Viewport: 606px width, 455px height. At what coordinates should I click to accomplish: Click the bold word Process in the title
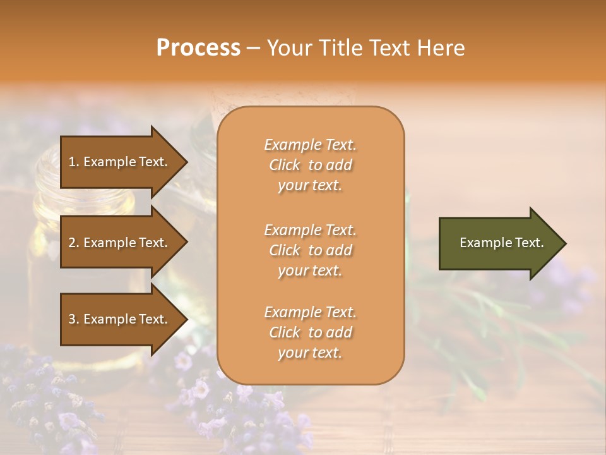pyautogui.click(x=198, y=48)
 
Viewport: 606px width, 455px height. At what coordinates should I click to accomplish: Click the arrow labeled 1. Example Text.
pyautogui.click(x=120, y=162)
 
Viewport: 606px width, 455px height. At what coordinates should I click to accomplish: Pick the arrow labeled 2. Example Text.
pyautogui.click(x=120, y=243)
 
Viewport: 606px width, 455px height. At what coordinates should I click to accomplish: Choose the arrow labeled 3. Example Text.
pyautogui.click(x=120, y=319)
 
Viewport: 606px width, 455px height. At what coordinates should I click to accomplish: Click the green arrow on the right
pyautogui.click(x=499, y=243)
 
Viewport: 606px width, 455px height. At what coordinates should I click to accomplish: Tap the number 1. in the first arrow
pyautogui.click(x=74, y=162)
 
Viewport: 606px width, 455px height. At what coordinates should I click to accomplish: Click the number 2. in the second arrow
pyautogui.click(x=74, y=243)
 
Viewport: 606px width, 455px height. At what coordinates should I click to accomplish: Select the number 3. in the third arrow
pyautogui.click(x=74, y=319)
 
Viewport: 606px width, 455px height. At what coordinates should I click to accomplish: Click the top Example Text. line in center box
pyautogui.click(x=310, y=145)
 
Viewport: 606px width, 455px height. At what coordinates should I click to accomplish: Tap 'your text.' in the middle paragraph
pyautogui.click(x=310, y=270)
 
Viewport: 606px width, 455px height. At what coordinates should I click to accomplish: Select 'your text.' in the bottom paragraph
pyautogui.click(x=310, y=353)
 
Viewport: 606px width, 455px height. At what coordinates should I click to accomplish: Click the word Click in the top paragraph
pyautogui.click(x=284, y=165)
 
